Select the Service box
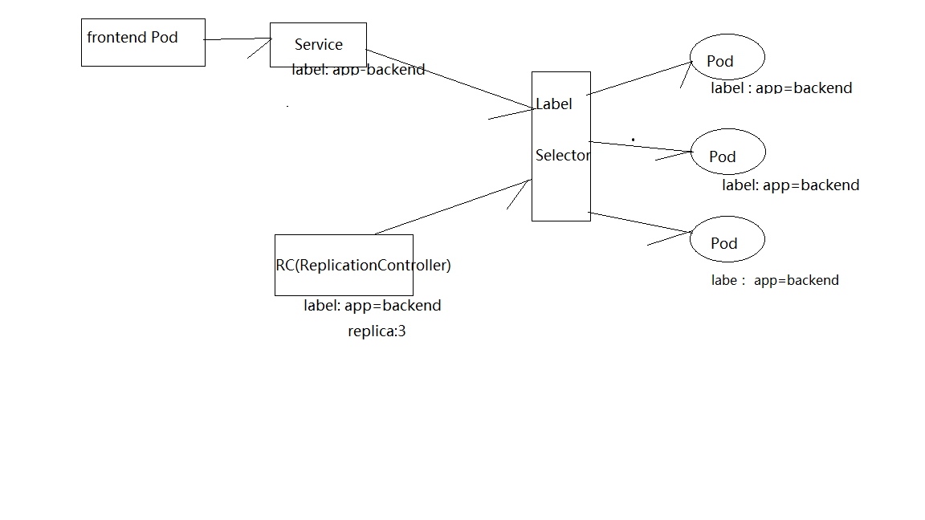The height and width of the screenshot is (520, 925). (318, 44)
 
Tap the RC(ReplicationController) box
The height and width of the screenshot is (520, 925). (344, 265)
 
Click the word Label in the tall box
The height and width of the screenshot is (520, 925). (554, 104)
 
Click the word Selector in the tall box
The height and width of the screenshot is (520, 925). (562, 155)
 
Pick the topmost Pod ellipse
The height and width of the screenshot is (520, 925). (727, 58)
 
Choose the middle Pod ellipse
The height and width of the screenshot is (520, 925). (727, 152)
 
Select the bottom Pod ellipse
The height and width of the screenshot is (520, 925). (727, 240)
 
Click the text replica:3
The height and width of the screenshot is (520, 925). (377, 331)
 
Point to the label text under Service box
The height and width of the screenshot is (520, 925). (358, 70)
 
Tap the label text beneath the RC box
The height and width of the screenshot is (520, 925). (372, 305)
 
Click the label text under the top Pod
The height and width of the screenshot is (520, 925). (780, 88)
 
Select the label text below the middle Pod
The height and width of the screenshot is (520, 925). (790, 185)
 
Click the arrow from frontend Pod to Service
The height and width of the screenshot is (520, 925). (238, 39)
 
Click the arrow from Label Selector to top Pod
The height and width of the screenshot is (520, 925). (639, 78)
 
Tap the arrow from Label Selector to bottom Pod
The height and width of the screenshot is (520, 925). (640, 222)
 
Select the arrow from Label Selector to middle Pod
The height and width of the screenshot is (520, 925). (640, 146)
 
